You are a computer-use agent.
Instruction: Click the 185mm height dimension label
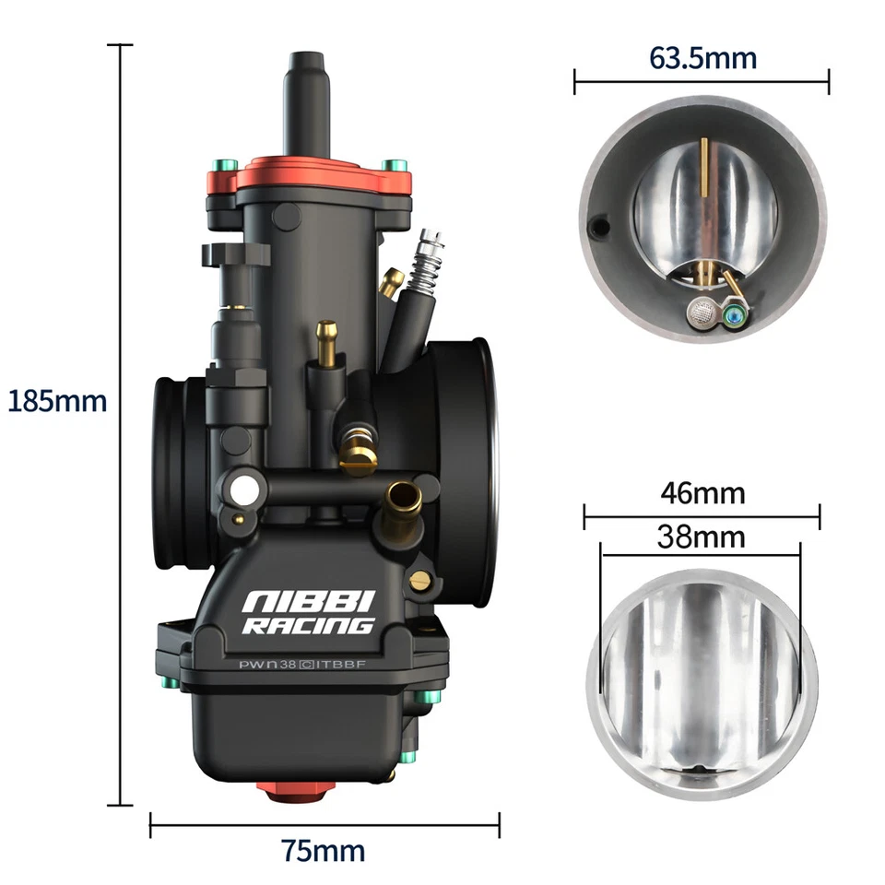57,401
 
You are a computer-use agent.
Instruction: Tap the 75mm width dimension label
324,850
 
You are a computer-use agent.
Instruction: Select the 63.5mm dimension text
702,58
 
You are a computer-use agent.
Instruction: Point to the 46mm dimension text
702,493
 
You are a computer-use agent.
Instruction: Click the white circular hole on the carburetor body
245,491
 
